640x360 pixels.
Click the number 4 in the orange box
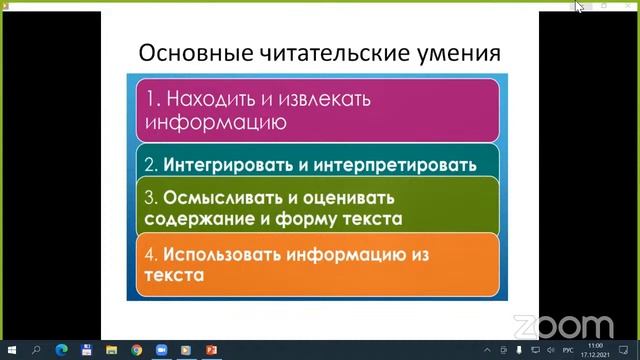[x=152, y=254]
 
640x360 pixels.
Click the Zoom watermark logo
[x=563, y=326]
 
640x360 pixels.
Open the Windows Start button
[x=11, y=350]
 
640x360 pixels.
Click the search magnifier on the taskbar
[x=36, y=350]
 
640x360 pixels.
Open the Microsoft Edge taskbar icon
[x=61, y=350]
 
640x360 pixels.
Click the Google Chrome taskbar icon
[x=136, y=350]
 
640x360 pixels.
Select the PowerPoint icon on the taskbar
[x=211, y=350]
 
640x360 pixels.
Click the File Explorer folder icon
[x=111, y=350]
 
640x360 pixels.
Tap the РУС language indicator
[x=568, y=350]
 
